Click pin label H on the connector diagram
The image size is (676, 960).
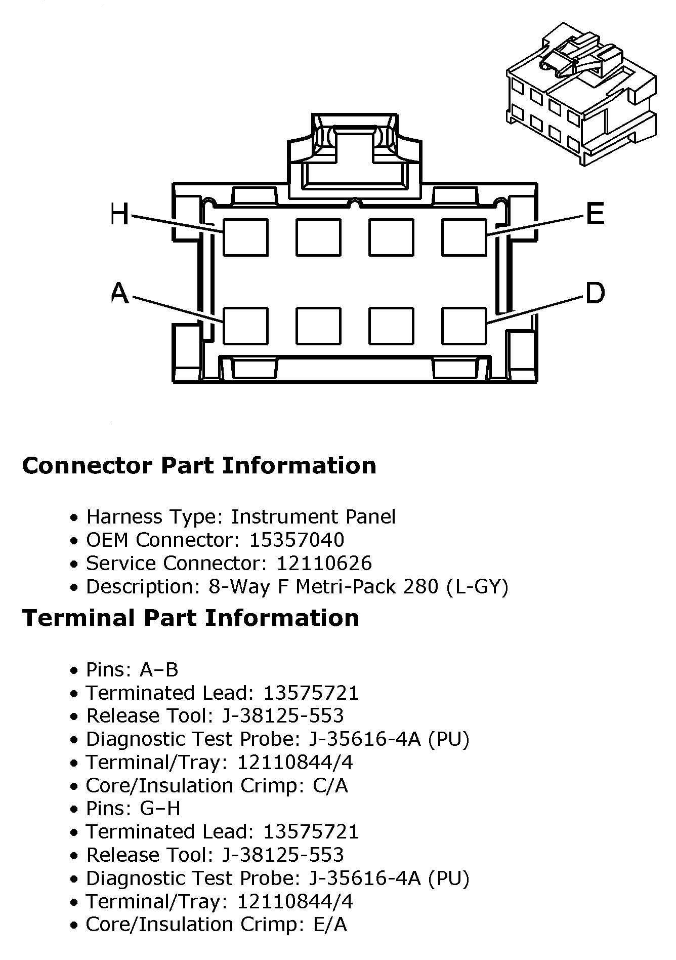pyautogui.click(x=119, y=215)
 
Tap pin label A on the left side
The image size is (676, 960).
pyautogui.click(x=119, y=293)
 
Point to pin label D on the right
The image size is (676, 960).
pyautogui.click(x=595, y=293)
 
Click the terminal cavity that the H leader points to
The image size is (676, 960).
pyautogui.click(x=245, y=237)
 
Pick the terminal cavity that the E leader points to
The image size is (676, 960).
pyautogui.click(x=464, y=237)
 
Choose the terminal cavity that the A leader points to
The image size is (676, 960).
pyautogui.click(x=245, y=326)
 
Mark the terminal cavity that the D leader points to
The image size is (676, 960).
pyautogui.click(x=464, y=326)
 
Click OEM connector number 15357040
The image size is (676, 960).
pyautogui.click(x=297, y=540)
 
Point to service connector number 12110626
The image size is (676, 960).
pyautogui.click(x=324, y=563)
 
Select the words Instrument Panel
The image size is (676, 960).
pyautogui.click(x=313, y=516)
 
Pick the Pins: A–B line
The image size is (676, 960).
pyautogui.click(x=132, y=669)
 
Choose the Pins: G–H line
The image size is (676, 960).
pyautogui.click(x=133, y=808)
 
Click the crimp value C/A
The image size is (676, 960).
pyautogui.click(x=330, y=785)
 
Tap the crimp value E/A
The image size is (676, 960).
pyautogui.click(x=330, y=924)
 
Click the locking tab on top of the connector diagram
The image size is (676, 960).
pyautogui.click(x=354, y=152)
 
